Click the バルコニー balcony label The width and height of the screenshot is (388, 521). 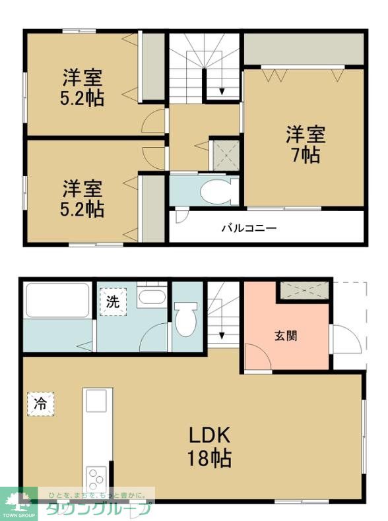click(x=249, y=228)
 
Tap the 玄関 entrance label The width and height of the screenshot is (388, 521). click(x=286, y=336)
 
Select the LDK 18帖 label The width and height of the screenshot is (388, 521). click(x=209, y=447)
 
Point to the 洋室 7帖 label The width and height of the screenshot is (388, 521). click(x=306, y=144)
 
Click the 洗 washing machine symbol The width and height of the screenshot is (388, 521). click(x=113, y=302)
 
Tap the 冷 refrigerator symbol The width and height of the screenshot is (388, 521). click(x=40, y=404)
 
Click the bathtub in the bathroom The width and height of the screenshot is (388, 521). click(x=57, y=301)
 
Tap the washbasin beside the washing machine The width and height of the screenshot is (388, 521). click(x=152, y=295)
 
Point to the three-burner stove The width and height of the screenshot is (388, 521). click(x=96, y=479)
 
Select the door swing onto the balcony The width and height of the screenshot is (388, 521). click(x=182, y=216)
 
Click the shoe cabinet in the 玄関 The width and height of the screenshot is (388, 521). click(x=304, y=290)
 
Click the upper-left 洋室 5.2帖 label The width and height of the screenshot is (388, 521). click(x=82, y=87)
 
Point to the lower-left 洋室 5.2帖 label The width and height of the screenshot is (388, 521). click(x=82, y=199)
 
